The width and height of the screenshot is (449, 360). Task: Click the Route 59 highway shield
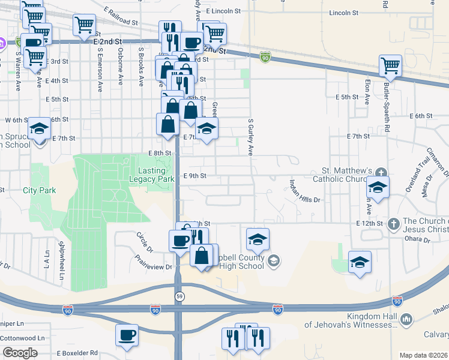[179, 296]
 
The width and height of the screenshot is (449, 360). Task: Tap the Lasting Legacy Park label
[152, 175]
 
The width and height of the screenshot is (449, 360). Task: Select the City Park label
[39, 190]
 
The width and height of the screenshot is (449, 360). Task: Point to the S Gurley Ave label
[251, 136]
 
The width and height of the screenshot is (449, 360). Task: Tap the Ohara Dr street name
[418, 240]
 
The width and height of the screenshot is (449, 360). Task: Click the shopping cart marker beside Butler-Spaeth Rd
[390, 66]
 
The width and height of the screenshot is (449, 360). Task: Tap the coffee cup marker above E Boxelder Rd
[127, 336]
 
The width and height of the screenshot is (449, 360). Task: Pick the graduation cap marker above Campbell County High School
[258, 239]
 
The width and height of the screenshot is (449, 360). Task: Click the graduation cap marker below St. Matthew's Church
[378, 187]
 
